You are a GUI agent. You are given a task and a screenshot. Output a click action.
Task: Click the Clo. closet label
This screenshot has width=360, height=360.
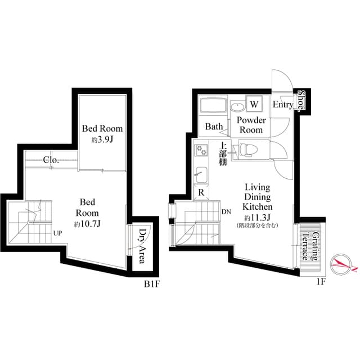[x=51, y=160]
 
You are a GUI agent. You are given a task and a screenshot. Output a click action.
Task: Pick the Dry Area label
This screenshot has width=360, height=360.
[x=142, y=246]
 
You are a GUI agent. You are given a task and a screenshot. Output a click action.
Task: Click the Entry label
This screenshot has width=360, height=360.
[x=283, y=105]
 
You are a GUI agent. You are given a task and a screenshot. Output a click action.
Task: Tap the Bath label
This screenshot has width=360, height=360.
[x=214, y=127]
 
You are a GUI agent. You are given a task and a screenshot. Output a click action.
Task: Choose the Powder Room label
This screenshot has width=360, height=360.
[x=251, y=125]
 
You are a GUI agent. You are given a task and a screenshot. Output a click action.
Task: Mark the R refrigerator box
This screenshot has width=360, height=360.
[x=201, y=192]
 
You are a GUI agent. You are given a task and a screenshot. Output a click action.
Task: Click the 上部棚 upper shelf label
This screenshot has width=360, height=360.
[x=223, y=153]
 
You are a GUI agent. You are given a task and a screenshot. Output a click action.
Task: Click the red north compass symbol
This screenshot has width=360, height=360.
[x=341, y=263]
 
